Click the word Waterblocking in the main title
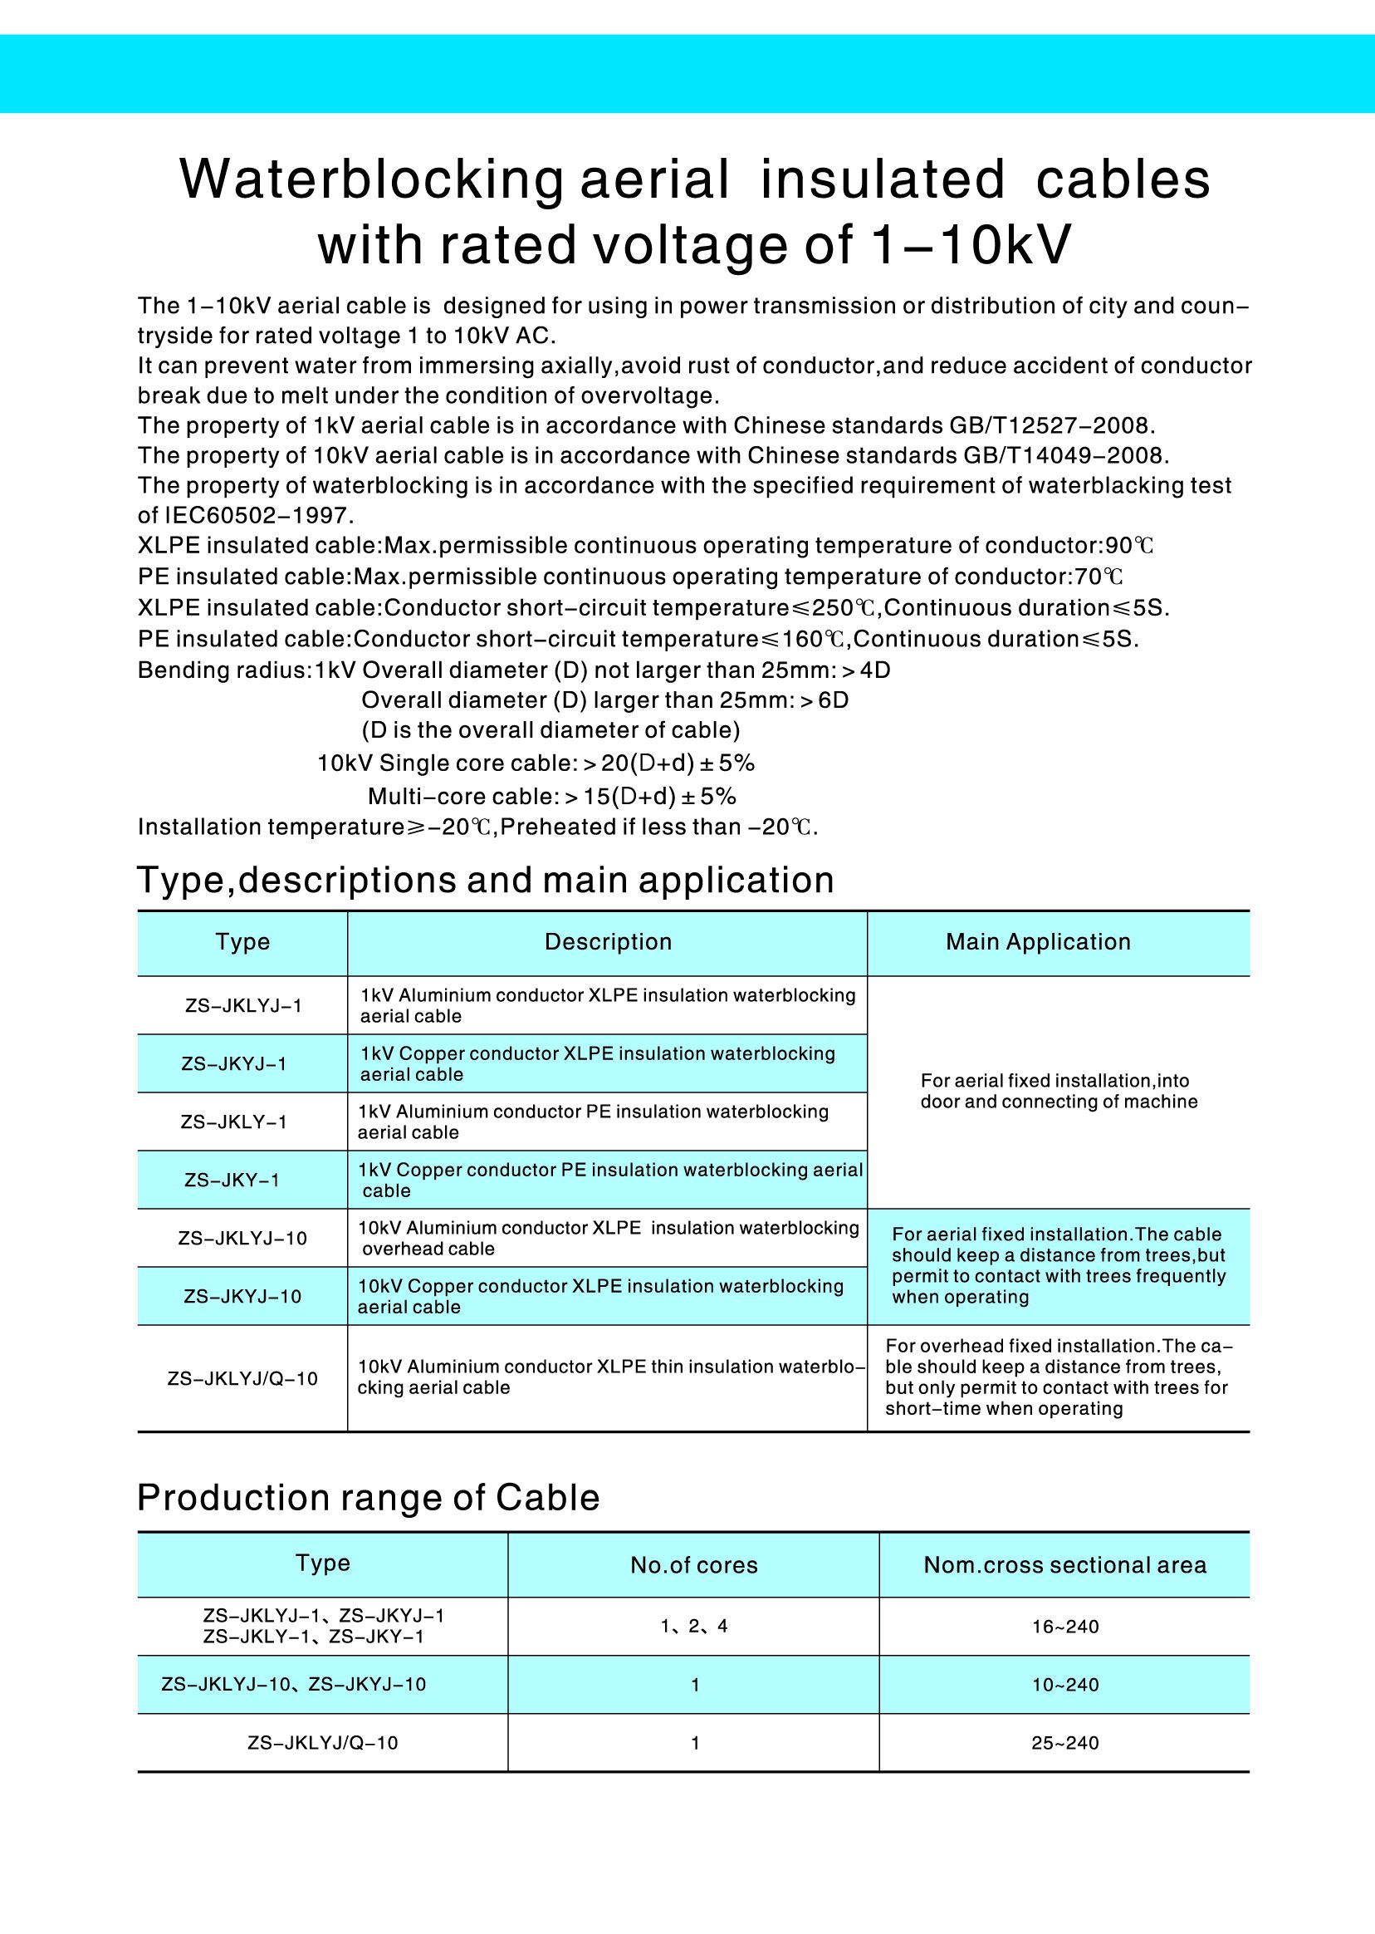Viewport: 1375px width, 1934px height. [x=371, y=179]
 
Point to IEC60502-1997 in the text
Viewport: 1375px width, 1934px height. [x=257, y=515]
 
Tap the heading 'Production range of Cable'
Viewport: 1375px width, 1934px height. [x=369, y=1498]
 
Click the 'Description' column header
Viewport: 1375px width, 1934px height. [x=608, y=942]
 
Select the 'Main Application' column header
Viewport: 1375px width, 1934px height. [x=1038, y=942]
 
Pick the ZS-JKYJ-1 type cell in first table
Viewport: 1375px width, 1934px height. [x=233, y=1063]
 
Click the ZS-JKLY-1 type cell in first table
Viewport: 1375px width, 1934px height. [x=233, y=1122]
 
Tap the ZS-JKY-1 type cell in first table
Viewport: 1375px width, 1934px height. [x=232, y=1180]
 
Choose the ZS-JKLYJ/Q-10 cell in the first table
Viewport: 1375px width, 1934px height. [x=242, y=1378]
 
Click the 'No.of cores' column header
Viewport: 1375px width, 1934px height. [x=693, y=1564]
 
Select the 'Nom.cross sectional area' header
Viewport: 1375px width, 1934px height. [x=1064, y=1564]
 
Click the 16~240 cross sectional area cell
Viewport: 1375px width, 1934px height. [x=1064, y=1627]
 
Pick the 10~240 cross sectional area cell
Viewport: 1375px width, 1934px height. [x=1064, y=1685]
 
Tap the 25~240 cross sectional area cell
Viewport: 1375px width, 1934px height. [x=1064, y=1743]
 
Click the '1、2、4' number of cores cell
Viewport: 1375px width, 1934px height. [x=693, y=1627]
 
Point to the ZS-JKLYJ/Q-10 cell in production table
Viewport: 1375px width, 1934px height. [x=323, y=1743]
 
